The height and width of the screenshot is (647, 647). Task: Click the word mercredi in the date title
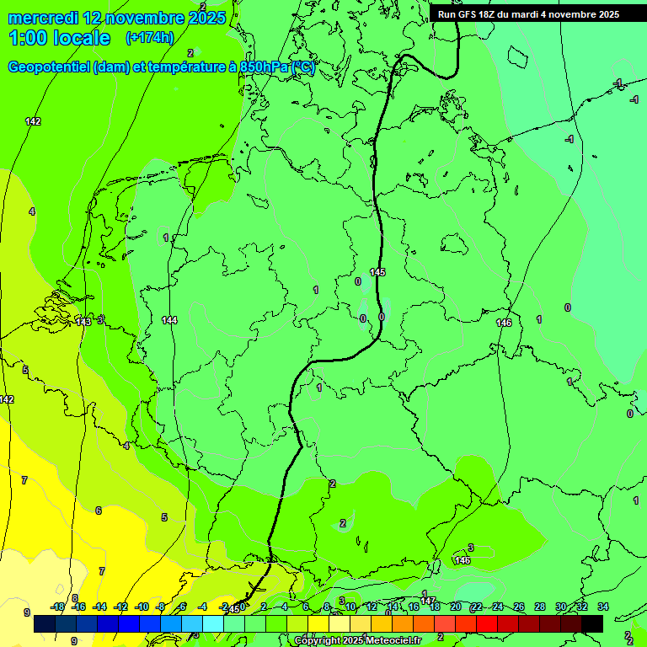tap(43, 18)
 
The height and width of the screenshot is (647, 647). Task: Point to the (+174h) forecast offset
tap(150, 38)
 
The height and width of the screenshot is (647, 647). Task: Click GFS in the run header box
tap(470, 13)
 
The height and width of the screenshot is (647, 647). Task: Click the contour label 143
tap(83, 322)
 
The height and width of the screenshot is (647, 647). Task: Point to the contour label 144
tap(169, 320)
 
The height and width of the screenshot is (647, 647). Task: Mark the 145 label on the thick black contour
tap(377, 272)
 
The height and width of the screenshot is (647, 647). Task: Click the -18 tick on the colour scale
tap(57, 607)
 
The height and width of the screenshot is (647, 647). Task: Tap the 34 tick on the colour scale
tap(602, 607)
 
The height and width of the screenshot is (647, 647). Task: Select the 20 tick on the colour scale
tap(455, 607)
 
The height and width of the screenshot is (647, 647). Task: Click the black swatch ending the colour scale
tap(591, 623)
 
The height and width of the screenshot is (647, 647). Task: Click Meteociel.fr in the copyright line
tap(393, 641)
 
